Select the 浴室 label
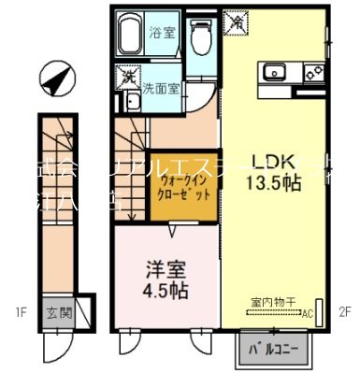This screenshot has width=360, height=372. (162, 34)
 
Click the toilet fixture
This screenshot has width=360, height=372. (199, 36)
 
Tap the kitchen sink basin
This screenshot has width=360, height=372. (278, 71)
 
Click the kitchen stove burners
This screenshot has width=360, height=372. (315, 71)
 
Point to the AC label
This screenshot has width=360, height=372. (306, 313)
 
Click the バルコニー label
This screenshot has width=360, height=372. (273, 351)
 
